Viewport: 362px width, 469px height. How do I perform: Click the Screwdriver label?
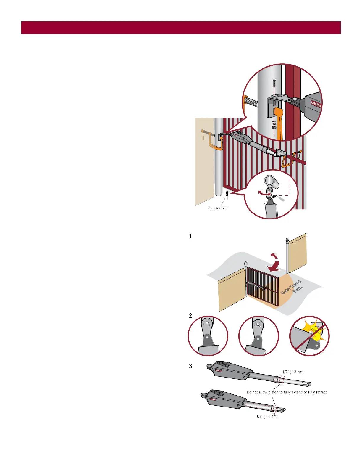[218, 208]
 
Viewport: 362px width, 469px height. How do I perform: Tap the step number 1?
[190, 236]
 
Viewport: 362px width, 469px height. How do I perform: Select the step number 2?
[190, 316]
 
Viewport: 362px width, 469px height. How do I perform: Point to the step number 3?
[190, 366]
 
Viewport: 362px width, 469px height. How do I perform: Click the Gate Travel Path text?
[291, 287]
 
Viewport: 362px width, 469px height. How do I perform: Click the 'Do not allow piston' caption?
[287, 392]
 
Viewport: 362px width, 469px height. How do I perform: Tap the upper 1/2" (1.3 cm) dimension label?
[293, 372]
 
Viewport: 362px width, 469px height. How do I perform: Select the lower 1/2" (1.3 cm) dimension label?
[267, 416]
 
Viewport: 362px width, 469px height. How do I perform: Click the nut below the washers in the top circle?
[274, 127]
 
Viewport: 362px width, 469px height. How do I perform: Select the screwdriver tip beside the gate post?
[227, 194]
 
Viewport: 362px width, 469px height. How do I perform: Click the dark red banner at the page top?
[181, 28]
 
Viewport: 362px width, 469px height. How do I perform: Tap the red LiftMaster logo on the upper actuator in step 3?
[219, 370]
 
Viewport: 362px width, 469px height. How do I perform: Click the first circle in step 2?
[208, 336]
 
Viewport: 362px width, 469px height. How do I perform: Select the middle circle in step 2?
[258, 336]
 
